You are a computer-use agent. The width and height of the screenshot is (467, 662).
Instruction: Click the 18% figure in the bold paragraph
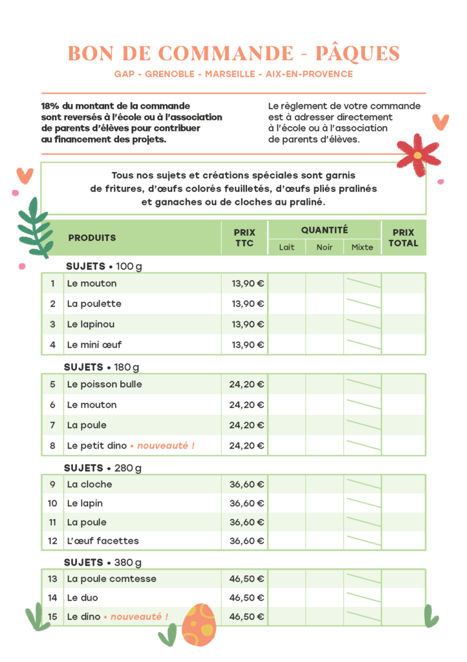coord(50,105)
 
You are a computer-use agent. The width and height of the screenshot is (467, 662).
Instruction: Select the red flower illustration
coord(418,155)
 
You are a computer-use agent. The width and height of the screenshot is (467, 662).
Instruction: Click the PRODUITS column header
coord(92,238)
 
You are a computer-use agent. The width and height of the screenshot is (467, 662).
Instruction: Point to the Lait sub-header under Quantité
coord(287,247)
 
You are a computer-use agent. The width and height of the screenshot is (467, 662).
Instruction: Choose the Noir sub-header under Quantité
coord(325,247)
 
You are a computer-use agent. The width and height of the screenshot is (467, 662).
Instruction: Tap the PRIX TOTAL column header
coord(404,238)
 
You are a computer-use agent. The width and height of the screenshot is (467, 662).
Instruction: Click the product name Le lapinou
coord(91,324)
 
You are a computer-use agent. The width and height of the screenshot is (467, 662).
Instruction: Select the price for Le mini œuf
coord(248,345)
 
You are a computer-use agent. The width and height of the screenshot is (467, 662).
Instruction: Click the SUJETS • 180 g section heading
coord(102,367)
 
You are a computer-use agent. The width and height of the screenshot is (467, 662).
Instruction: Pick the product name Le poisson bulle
coord(104,385)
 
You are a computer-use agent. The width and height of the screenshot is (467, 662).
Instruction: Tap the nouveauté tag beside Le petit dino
coord(165,445)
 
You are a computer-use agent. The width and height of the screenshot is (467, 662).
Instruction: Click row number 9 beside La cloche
coord(52,484)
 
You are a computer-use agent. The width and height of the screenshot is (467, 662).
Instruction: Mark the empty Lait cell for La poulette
coord(287,304)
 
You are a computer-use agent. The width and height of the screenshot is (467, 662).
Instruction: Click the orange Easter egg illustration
coord(199,625)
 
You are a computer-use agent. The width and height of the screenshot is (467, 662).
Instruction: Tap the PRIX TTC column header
coord(244,238)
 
